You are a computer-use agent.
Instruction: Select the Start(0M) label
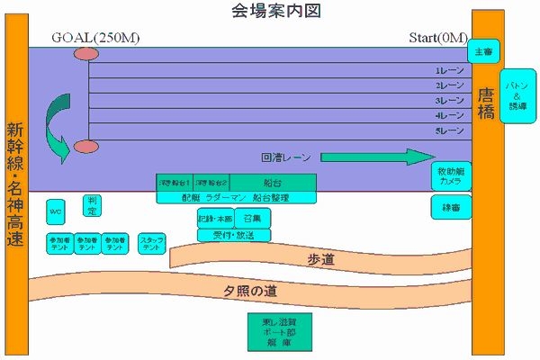click(438, 38)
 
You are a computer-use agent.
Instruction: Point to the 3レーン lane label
click(448, 101)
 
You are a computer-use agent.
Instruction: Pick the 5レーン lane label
click(448, 131)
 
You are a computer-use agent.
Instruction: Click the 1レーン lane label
click(448, 70)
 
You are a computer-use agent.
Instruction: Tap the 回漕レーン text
click(285, 157)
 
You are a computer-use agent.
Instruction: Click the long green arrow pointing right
click(377, 157)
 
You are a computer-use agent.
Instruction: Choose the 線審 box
click(450, 208)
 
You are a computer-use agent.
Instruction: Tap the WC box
click(56, 212)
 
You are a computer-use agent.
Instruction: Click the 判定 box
click(91, 207)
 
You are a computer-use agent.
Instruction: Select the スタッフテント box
click(151, 242)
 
